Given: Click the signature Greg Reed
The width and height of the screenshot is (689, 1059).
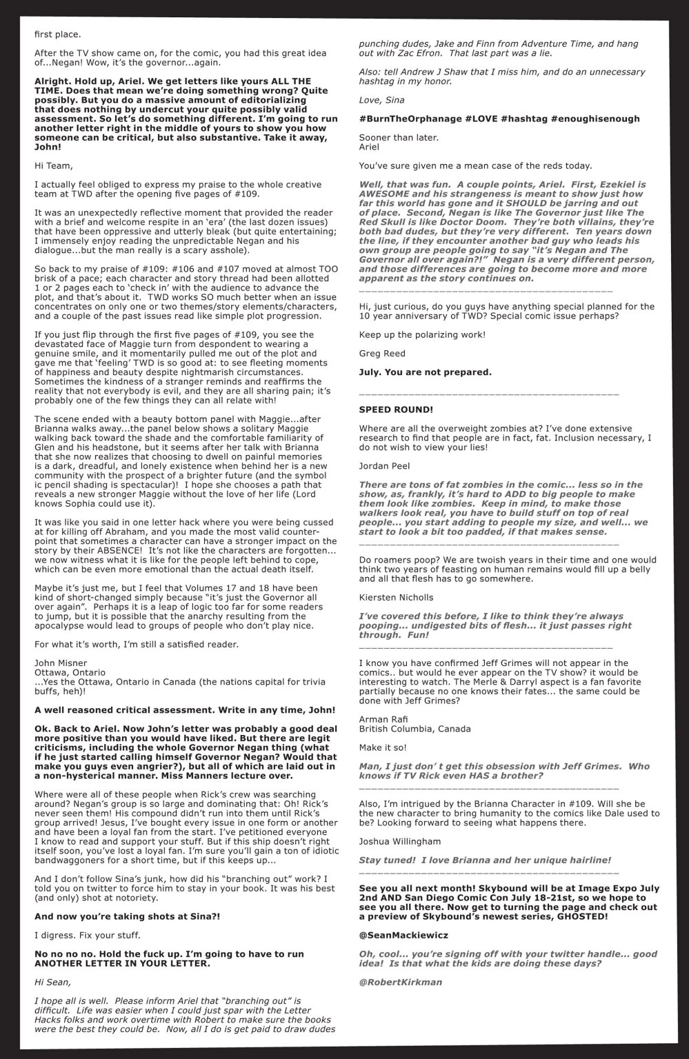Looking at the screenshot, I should pos(381,354).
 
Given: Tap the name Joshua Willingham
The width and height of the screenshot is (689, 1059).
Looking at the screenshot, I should pos(402,841).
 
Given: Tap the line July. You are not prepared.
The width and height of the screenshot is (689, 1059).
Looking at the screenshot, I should pos(425,372).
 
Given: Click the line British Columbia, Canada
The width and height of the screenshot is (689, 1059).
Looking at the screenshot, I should pos(415,728).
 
